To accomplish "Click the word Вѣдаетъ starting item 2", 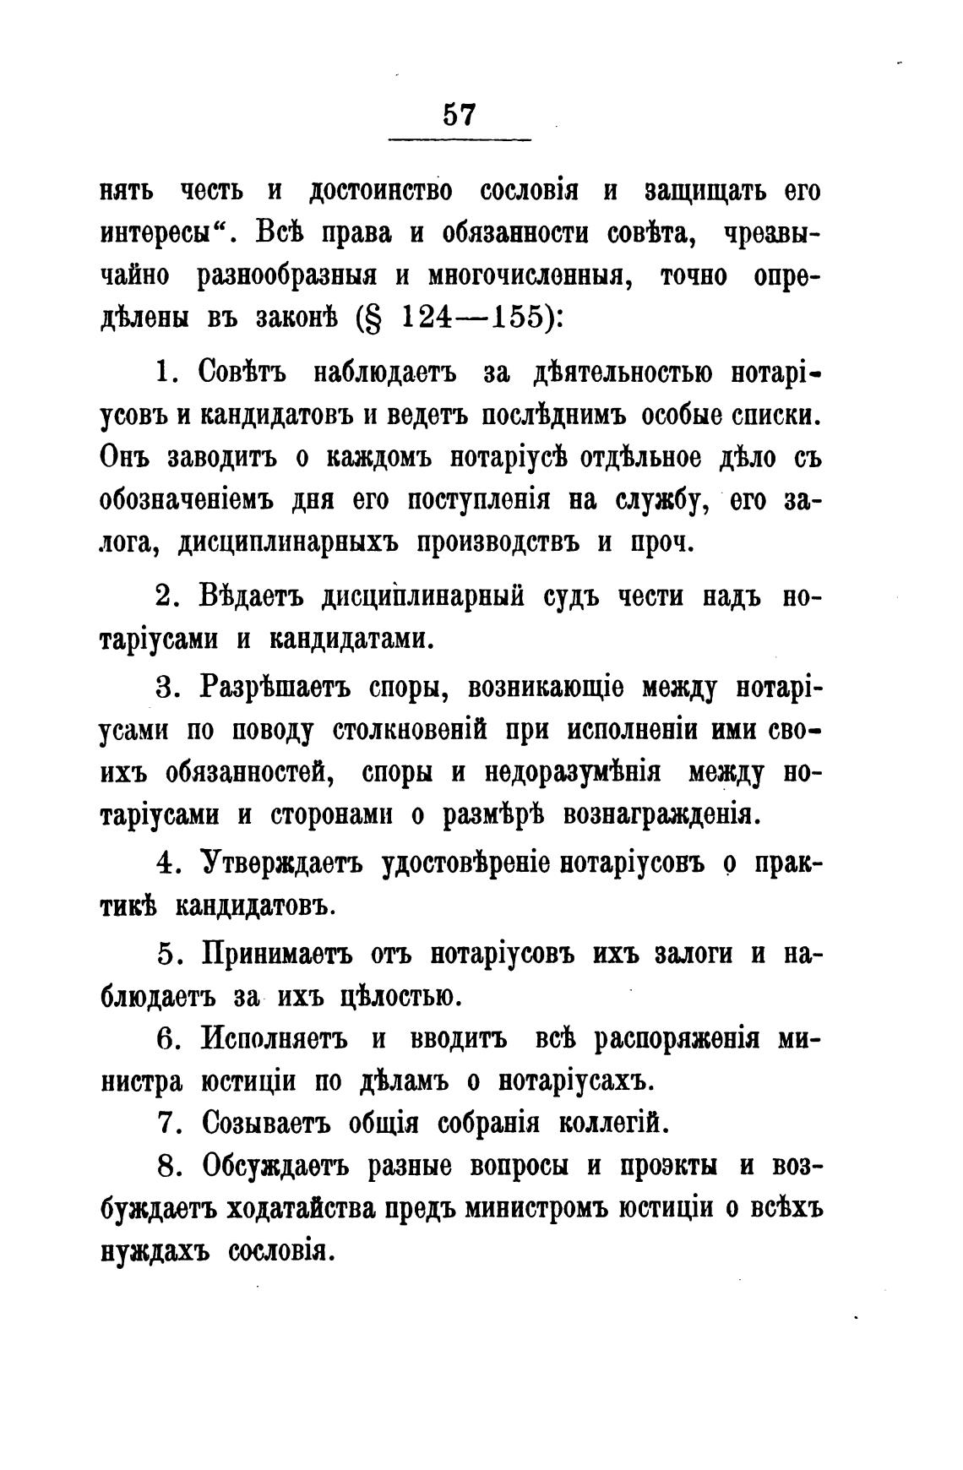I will click(x=256, y=598).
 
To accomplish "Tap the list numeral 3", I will click(x=166, y=688).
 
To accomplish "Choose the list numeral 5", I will click(x=166, y=955).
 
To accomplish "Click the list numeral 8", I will click(x=166, y=1167).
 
